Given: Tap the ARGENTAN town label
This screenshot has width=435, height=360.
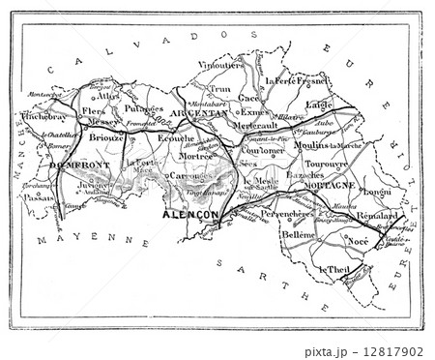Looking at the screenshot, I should tap(201, 112).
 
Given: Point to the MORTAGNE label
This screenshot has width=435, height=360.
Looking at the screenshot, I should tap(330, 183).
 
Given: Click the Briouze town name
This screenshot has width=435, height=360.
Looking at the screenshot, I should tap(105, 137).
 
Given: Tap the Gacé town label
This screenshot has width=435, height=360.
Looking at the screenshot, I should tap(250, 97).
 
